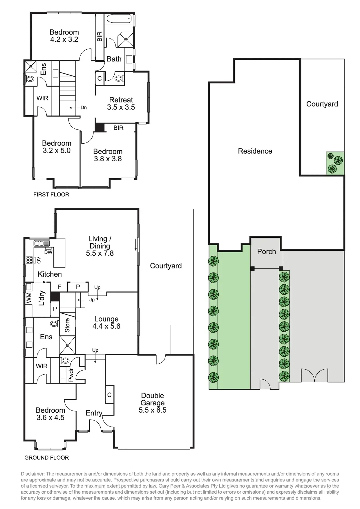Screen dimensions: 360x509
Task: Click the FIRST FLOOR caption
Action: click(51, 195)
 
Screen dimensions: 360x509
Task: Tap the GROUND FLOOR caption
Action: click(46, 458)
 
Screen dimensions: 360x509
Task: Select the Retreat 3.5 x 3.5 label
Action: click(121, 104)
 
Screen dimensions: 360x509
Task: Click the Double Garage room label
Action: click(152, 403)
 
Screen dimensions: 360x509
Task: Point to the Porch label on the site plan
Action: click(266, 252)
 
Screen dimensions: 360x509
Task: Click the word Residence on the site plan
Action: click(255, 151)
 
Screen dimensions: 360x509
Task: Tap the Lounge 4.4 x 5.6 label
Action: click(106, 323)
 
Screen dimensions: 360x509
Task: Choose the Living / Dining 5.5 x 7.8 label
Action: click(100, 246)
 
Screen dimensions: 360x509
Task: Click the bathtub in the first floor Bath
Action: click(119, 19)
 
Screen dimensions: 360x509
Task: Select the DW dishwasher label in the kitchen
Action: click(48, 252)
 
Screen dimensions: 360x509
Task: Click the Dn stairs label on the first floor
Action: click(84, 108)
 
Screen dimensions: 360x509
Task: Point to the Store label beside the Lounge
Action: click(67, 325)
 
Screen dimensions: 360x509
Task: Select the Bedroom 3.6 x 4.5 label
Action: click(50, 414)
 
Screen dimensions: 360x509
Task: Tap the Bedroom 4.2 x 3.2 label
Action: click(64, 36)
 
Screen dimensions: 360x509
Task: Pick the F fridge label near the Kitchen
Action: click(59, 287)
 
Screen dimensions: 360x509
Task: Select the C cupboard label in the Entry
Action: click(109, 395)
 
